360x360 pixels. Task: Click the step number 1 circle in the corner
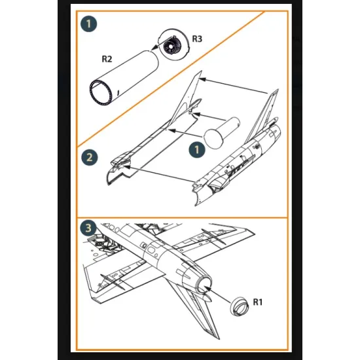point(88,24)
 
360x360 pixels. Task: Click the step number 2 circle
point(89,158)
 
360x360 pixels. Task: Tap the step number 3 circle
point(88,228)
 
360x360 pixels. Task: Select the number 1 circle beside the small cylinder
point(197,150)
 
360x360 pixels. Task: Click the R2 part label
point(107,59)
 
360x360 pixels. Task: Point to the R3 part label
point(197,39)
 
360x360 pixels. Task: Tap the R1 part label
point(258,302)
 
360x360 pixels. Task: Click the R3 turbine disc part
point(174,44)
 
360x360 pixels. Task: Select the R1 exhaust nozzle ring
point(240,306)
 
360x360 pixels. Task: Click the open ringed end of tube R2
point(101,92)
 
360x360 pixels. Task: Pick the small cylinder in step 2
point(221,133)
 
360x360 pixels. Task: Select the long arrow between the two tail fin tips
point(234,86)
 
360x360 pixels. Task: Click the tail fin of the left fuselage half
point(186,98)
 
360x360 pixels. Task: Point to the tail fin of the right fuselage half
point(262,116)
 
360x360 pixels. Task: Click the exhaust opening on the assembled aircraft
point(204,285)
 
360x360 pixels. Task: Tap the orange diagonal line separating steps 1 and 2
point(171,79)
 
